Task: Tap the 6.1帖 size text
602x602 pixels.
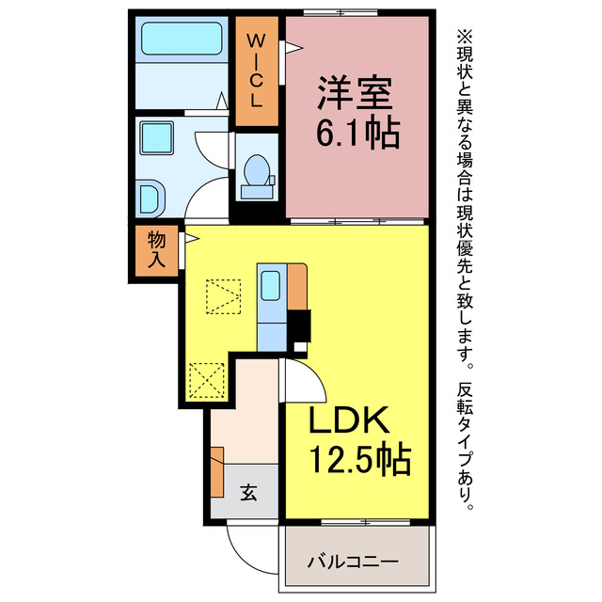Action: (x=358, y=135)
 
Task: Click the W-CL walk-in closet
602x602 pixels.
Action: (x=255, y=71)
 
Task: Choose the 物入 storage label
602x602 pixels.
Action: (x=154, y=252)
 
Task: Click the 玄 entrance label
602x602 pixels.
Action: (x=247, y=492)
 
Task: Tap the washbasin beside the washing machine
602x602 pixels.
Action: (x=150, y=198)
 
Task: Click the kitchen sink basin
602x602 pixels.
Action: (x=270, y=284)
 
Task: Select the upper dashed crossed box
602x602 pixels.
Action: (x=225, y=296)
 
